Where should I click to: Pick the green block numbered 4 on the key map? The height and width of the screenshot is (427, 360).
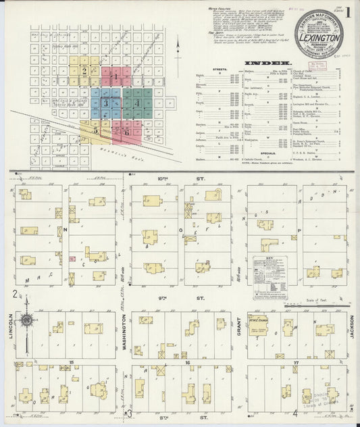(x=138, y=103)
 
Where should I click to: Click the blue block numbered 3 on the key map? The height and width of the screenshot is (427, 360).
(x=106, y=103)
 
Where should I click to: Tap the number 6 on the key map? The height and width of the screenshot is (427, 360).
(x=127, y=132)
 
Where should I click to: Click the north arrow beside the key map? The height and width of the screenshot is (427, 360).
(x=177, y=51)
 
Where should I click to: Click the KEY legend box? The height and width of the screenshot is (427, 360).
(x=269, y=277)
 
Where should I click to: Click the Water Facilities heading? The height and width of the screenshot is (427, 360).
(x=221, y=10)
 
